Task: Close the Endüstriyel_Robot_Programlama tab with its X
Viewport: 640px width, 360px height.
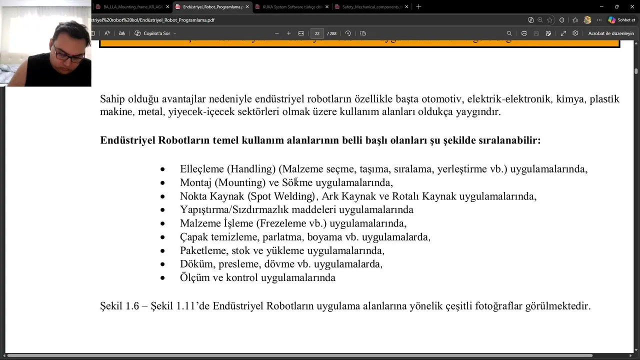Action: [247, 7]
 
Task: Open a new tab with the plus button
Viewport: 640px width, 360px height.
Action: [418, 7]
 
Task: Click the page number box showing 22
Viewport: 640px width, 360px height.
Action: [317, 33]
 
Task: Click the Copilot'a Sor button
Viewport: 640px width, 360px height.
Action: [155, 33]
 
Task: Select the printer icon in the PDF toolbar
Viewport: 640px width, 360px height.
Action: [524, 33]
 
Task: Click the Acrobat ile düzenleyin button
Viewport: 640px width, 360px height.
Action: [610, 33]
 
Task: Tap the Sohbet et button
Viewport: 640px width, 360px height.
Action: [622, 20]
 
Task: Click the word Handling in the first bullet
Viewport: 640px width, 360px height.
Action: [253, 169]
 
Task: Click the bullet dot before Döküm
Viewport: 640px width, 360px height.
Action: [162, 264]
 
